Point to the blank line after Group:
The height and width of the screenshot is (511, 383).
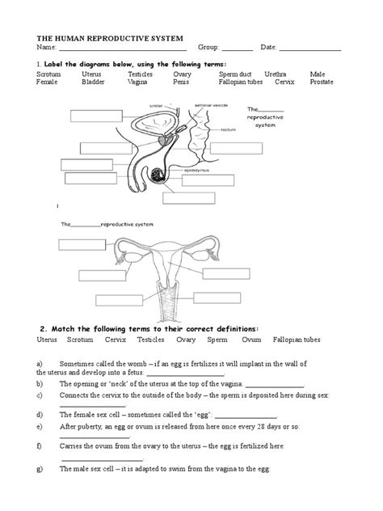[238, 50]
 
